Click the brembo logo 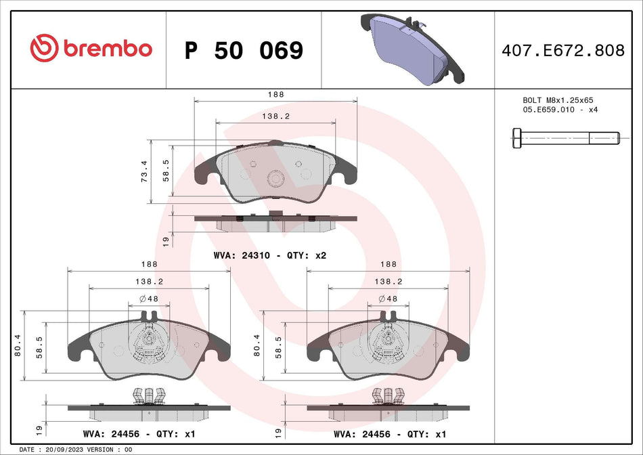[91, 49]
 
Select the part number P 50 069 [244, 50]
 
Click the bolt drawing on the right [565, 137]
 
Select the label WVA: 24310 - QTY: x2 [270, 256]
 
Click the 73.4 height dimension [143, 171]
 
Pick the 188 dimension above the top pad [275, 95]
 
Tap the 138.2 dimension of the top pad [275, 116]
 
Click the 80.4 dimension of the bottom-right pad [257, 345]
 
